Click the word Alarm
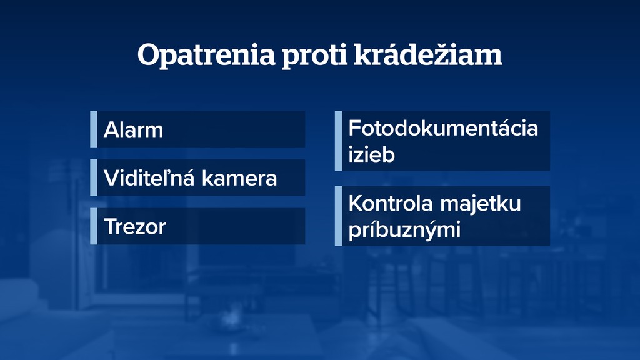(x=133, y=130)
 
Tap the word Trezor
(x=135, y=226)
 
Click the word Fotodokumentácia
(x=442, y=129)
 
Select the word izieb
(x=371, y=154)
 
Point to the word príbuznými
(x=404, y=229)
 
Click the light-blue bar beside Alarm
(x=94, y=129)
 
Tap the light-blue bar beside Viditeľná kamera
(x=94, y=177)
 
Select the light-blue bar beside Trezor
(x=94, y=226)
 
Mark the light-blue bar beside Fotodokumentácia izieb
(x=338, y=141)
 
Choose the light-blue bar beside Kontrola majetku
(x=338, y=216)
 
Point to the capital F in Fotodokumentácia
(x=355, y=129)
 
